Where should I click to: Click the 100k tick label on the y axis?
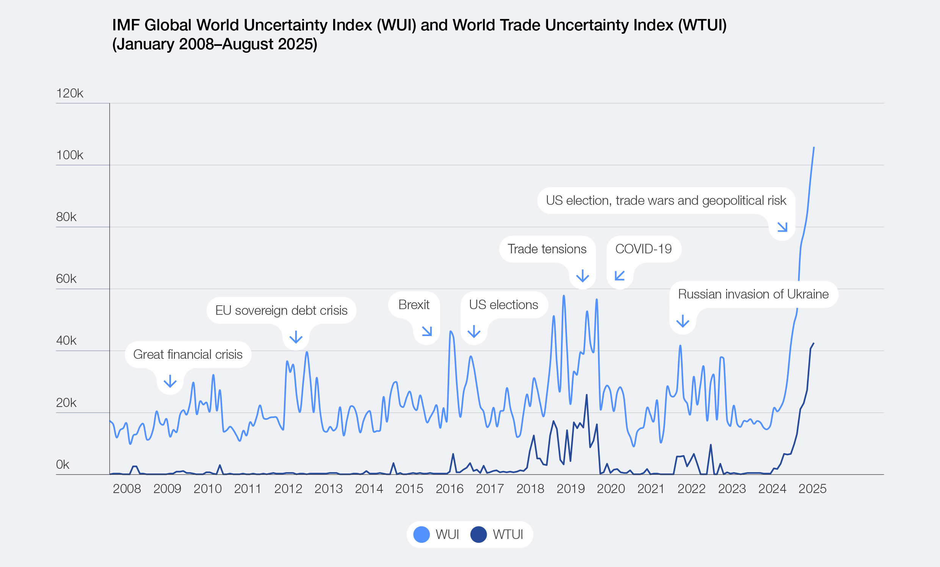69,155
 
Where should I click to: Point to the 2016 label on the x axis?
450,489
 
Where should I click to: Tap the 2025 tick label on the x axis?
812,489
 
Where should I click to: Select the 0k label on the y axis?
63,465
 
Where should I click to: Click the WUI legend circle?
421,534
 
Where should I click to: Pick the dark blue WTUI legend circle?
478,534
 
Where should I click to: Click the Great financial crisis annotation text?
188,354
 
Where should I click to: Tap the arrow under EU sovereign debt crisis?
296,337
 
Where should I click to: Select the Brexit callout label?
414,305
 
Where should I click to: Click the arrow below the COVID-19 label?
620,276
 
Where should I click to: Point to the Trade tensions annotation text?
547,249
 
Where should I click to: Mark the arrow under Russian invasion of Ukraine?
683,321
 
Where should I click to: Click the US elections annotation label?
504,305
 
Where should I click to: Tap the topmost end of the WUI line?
814,148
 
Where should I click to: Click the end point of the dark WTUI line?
813,344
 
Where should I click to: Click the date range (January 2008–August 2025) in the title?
215,44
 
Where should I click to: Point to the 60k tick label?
66,279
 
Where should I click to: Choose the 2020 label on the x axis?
611,489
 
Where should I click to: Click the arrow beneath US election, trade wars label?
782,227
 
